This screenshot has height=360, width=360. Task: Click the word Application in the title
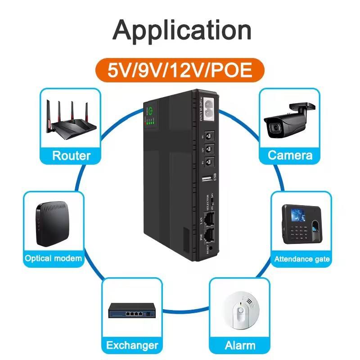tap(182, 31)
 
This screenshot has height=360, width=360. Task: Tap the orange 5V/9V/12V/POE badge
tap(180, 71)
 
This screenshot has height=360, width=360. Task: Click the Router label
tap(71, 156)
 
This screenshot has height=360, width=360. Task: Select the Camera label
tap(290, 156)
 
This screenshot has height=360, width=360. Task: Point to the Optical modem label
tap(54, 258)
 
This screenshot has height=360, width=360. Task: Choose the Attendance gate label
tap(302, 259)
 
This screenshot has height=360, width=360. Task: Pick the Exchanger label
tap(132, 346)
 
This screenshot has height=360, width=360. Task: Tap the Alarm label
tap(240, 346)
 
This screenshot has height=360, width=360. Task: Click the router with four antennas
tap(71, 121)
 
